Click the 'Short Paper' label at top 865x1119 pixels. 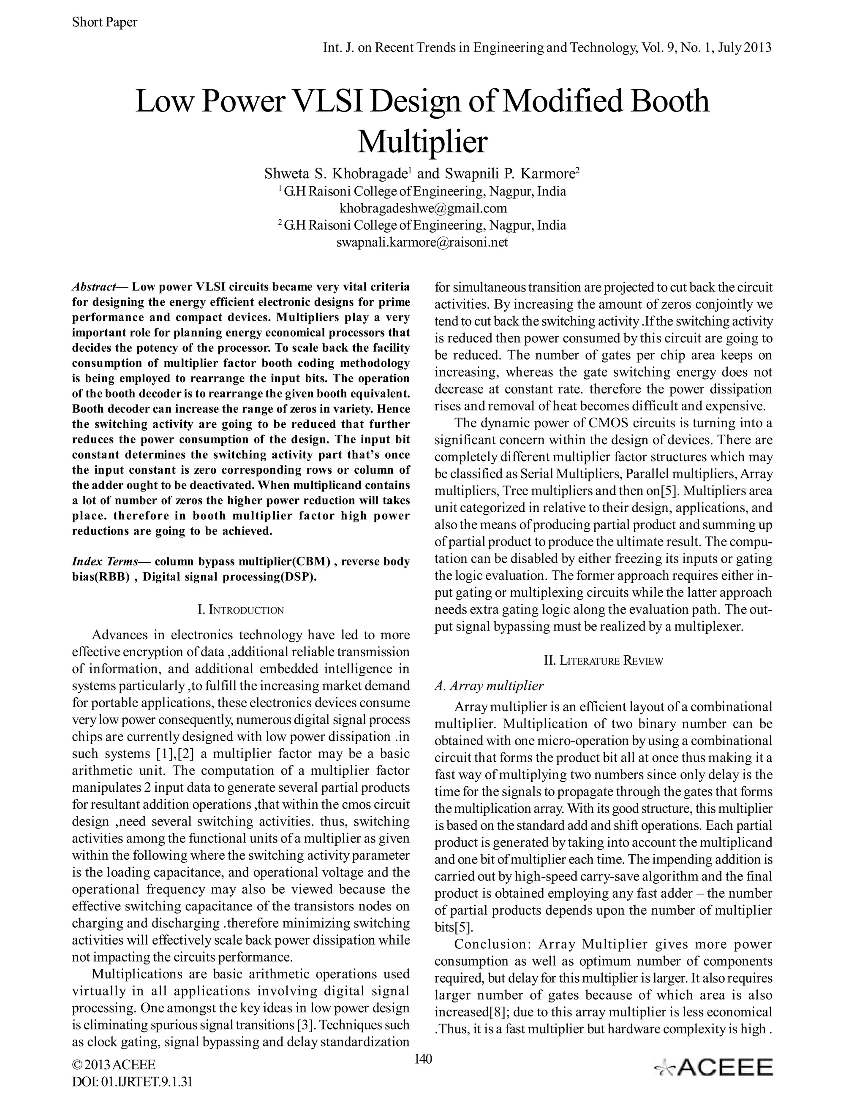[x=105, y=22]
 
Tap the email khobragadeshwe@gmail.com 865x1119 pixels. [x=423, y=208]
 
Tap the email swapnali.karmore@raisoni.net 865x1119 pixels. [x=422, y=242]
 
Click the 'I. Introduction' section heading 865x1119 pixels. [x=240, y=610]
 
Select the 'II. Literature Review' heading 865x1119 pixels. [x=603, y=660]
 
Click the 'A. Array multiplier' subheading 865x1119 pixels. [x=489, y=685]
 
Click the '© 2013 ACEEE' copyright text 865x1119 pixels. [x=113, y=1065]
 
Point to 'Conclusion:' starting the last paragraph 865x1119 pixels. [x=490, y=944]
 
